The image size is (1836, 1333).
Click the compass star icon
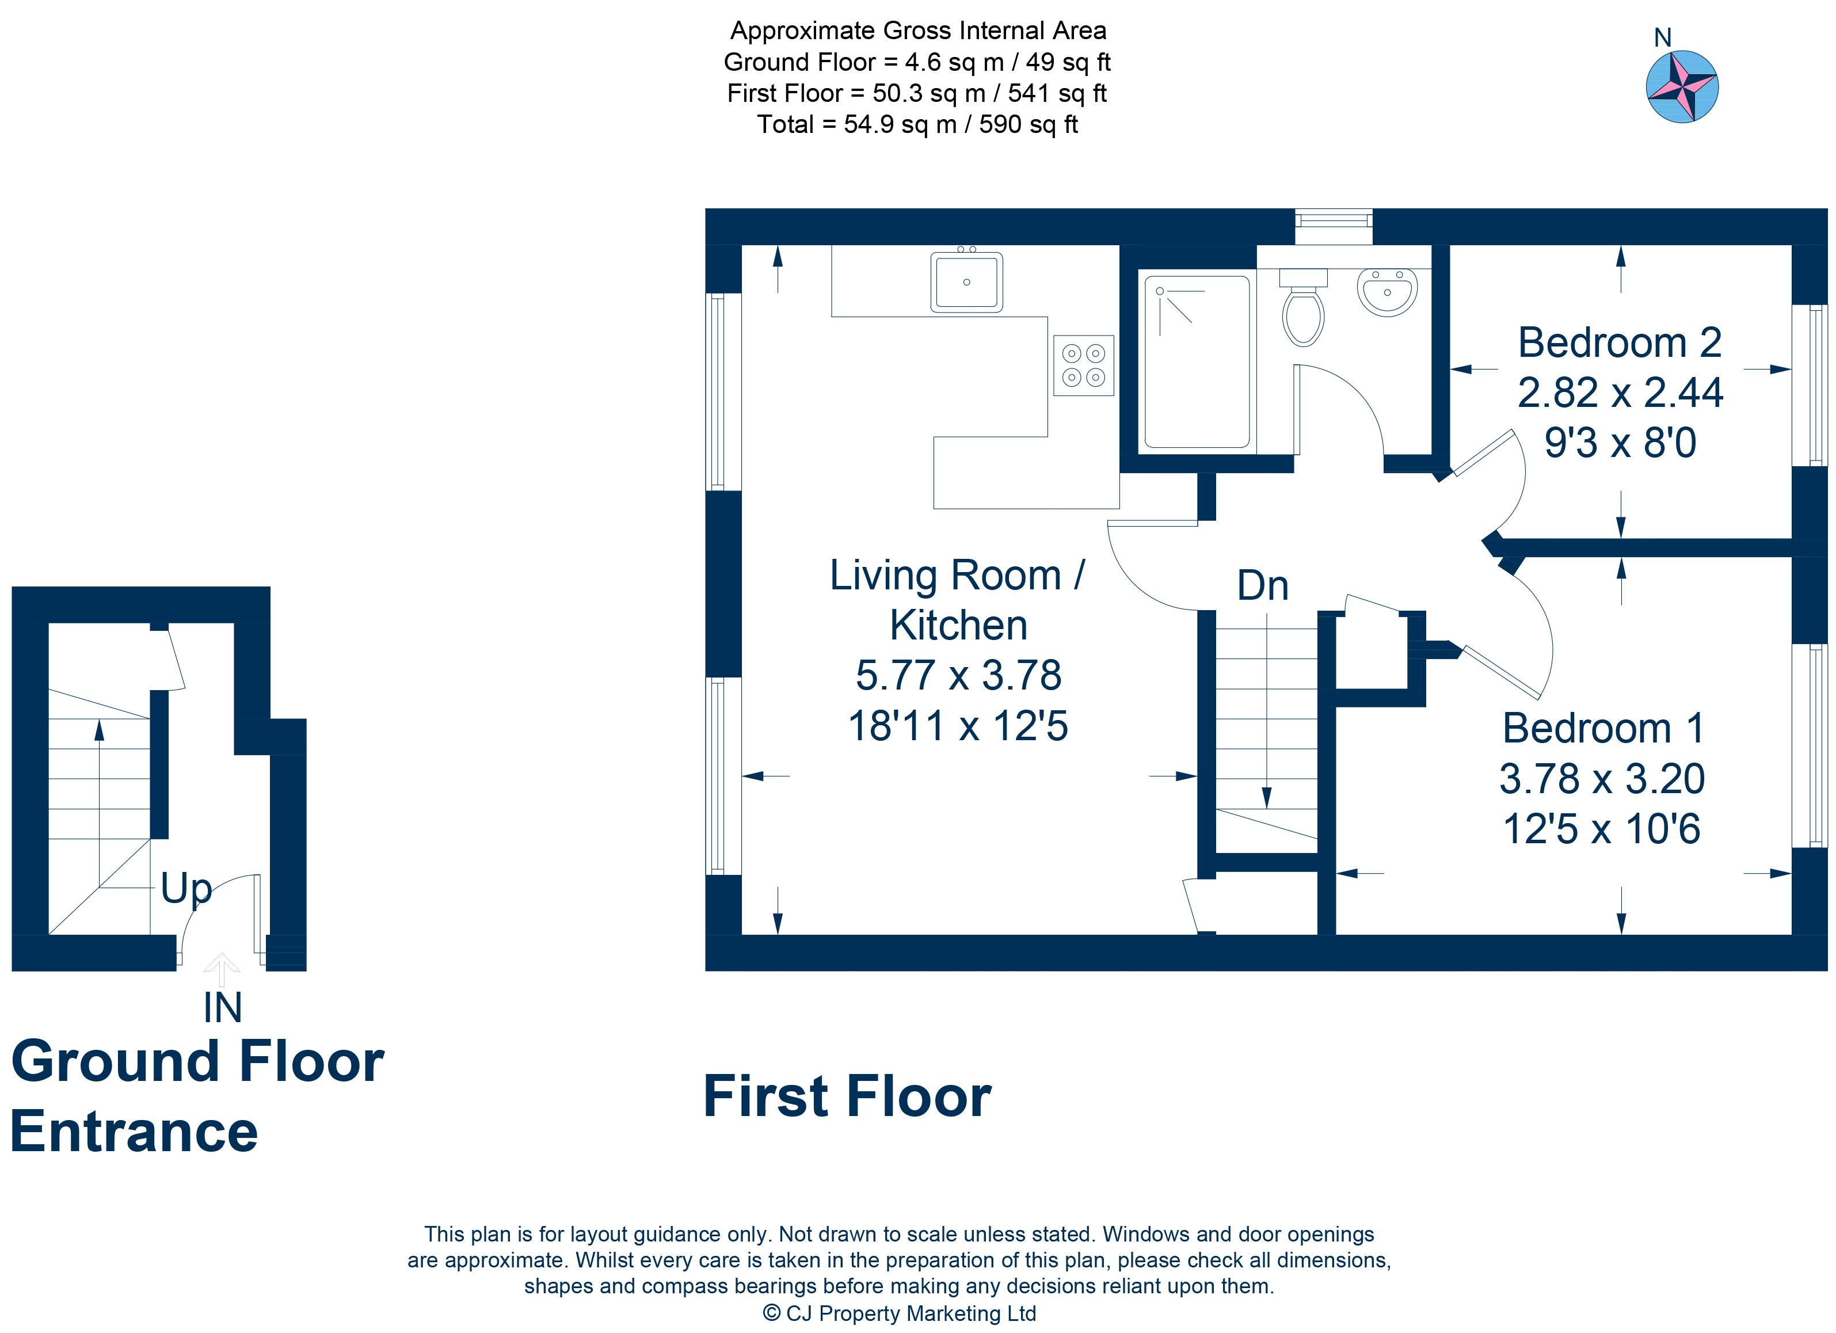(1682, 86)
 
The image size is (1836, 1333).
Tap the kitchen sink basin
(966, 281)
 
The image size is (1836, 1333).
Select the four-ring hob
(1083, 365)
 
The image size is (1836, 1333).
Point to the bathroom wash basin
(1386, 291)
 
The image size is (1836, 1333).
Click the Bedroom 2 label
(1620, 342)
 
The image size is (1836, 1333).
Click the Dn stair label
(1262, 585)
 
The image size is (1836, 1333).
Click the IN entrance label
(223, 1008)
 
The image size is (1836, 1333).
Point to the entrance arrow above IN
(221, 970)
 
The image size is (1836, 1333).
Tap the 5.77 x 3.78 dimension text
(958, 675)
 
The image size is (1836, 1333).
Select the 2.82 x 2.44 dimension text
(1620, 393)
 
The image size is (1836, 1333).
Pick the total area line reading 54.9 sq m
(917, 125)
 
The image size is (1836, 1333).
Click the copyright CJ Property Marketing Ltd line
(900, 1313)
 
